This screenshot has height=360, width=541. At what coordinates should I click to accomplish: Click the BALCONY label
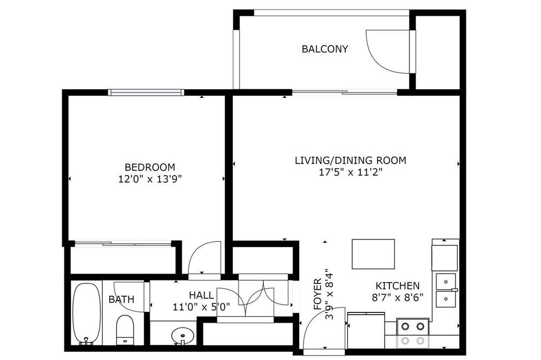(325, 49)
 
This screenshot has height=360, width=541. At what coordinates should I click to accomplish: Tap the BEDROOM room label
(150, 167)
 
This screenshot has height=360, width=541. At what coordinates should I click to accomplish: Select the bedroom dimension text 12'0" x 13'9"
(150, 179)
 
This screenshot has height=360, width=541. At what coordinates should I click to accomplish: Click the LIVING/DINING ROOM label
(351, 161)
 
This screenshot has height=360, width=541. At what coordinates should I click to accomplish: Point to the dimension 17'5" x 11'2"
(351, 172)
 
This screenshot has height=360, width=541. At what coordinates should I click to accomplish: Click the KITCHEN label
(398, 286)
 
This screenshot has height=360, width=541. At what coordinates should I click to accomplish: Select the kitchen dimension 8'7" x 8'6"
(398, 298)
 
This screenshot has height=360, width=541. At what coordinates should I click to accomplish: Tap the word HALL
(201, 295)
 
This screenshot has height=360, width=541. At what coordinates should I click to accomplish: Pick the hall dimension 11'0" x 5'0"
(201, 307)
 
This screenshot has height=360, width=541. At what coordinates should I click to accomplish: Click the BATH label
(121, 299)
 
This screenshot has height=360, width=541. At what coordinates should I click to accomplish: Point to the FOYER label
(318, 294)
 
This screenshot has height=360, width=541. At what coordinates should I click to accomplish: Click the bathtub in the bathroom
(87, 314)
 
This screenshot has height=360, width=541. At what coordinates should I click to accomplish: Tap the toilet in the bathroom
(125, 330)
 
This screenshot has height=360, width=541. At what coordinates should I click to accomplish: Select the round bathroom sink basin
(182, 335)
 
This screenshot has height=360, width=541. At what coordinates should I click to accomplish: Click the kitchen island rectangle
(373, 254)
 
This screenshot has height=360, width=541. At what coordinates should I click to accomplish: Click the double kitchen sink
(446, 290)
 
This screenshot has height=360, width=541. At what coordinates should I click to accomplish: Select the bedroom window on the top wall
(146, 92)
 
